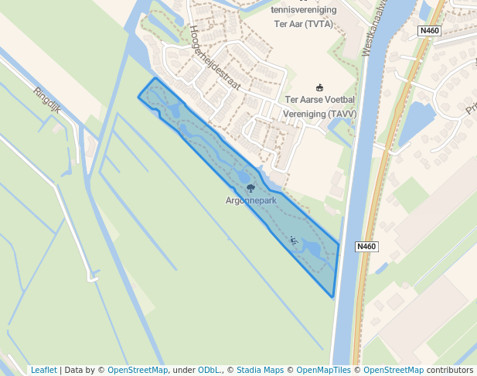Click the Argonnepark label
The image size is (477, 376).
pos(250,200)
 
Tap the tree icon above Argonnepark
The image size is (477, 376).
pos(249,188)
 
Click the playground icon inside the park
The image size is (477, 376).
pos(293,240)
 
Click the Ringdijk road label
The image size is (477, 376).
pos(46,101)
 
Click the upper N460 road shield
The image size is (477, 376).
pos(431,30)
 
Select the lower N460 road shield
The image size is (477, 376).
pos(366,247)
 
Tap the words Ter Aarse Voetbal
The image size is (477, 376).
pos(320,100)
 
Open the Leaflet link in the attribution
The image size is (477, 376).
pos(43,370)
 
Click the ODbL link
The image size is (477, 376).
pos(209,370)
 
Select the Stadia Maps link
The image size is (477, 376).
pos(259,370)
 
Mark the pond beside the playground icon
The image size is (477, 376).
pos(311,248)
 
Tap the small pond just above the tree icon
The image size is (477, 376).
pos(243,175)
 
